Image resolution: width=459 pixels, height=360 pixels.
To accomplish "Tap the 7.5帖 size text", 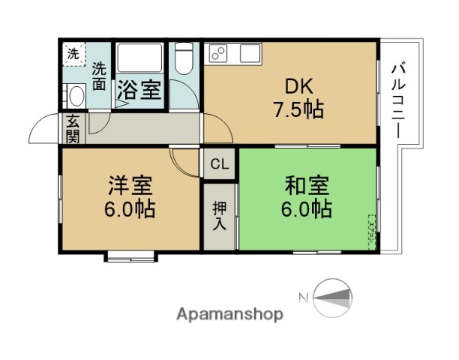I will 298,109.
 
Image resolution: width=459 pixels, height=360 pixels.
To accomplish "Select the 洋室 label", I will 130,184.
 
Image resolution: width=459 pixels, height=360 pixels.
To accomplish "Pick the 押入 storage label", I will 219,214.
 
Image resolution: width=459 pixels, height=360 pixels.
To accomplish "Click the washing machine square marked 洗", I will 73,53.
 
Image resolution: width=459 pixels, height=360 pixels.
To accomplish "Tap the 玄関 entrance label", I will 73,128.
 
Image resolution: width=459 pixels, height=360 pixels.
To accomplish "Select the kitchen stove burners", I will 218,53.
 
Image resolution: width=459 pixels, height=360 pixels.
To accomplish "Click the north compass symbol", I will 332,298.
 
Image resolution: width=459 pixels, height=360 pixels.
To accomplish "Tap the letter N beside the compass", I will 304,298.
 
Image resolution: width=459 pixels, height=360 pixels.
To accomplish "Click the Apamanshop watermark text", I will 229,314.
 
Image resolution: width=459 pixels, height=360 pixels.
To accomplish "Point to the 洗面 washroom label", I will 99,76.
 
